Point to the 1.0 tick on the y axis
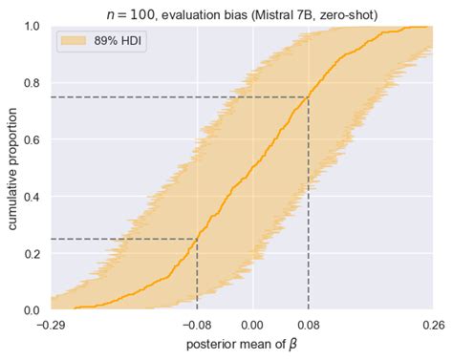[x=32, y=26]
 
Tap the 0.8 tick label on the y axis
[x=32, y=83]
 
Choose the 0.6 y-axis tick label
[x=32, y=139]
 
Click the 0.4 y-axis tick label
[x=32, y=197]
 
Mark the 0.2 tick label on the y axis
[x=32, y=253]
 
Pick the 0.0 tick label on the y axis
[x=32, y=310]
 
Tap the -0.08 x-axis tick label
[x=197, y=325]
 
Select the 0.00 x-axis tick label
[x=253, y=325]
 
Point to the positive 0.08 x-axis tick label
[x=308, y=325]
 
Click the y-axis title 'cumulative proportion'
[x=11, y=168]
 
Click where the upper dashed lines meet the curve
[x=308, y=97]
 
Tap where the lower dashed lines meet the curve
[x=197, y=239]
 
